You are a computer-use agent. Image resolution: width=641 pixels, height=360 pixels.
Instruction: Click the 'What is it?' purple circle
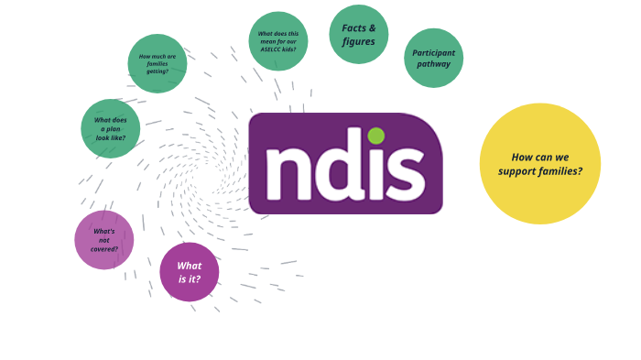[x=190, y=272]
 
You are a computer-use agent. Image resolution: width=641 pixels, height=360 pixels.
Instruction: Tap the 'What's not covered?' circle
[x=104, y=240]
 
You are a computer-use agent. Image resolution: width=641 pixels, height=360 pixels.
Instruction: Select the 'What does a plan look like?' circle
[x=111, y=129]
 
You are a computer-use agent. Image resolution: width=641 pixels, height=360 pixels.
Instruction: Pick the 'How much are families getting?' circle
[x=158, y=64]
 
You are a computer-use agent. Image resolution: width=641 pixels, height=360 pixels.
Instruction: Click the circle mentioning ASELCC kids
[x=278, y=41]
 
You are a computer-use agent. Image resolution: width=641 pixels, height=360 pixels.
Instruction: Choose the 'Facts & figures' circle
[x=359, y=35]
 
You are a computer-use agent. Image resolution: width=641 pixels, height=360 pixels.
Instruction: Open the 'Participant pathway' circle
[x=433, y=58]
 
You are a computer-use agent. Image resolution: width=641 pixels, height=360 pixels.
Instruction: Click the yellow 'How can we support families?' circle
[x=540, y=164]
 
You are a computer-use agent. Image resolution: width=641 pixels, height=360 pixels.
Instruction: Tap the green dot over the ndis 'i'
[x=376, y=136]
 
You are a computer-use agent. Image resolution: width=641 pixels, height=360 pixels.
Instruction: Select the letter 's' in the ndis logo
[x=405, y=174]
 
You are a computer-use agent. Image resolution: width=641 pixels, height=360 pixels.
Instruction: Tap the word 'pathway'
[x=433, y=64]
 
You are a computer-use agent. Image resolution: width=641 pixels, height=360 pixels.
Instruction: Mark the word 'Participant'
[x=433, y=52]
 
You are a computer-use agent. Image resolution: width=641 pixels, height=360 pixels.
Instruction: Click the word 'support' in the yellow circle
[x=518, y=171]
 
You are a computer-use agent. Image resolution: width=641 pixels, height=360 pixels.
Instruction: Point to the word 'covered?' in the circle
[x=104, y=248]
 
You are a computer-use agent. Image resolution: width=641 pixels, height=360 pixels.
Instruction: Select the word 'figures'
[x=359, y=42]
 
